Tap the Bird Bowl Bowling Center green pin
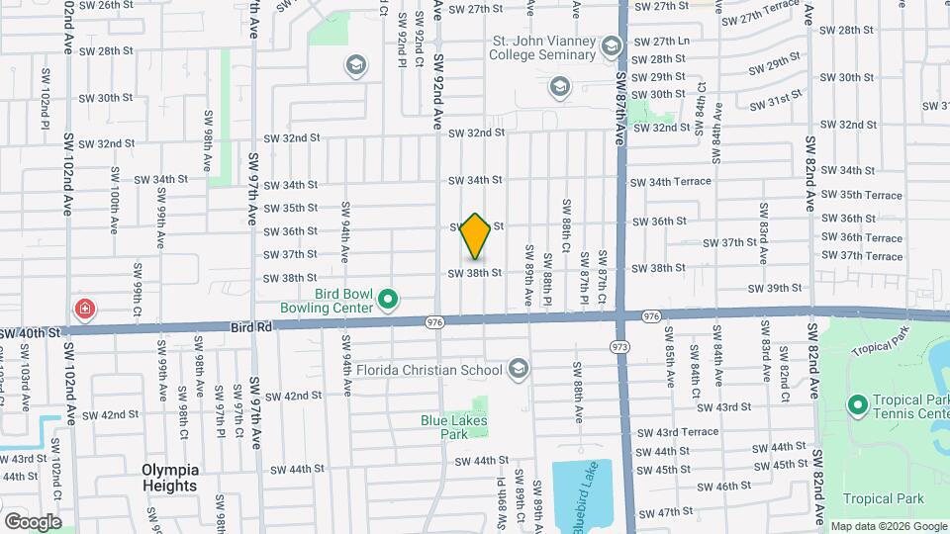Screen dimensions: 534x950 [x=388, y=298]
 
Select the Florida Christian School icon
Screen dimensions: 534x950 [x=517, y=370]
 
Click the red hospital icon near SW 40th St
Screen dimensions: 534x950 [x=86, y=310]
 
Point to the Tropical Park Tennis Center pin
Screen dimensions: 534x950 [x=858, y=405]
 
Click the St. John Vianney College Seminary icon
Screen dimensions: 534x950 [x=611, y=46]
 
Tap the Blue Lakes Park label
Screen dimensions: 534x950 [x=453, y=426]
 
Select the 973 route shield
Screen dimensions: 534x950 [x=620, y=346]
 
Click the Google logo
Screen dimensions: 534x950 [x=33, y=521]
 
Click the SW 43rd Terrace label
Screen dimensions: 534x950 [x=678, y=432]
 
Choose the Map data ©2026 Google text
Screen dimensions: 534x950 [x=887, y=526]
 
